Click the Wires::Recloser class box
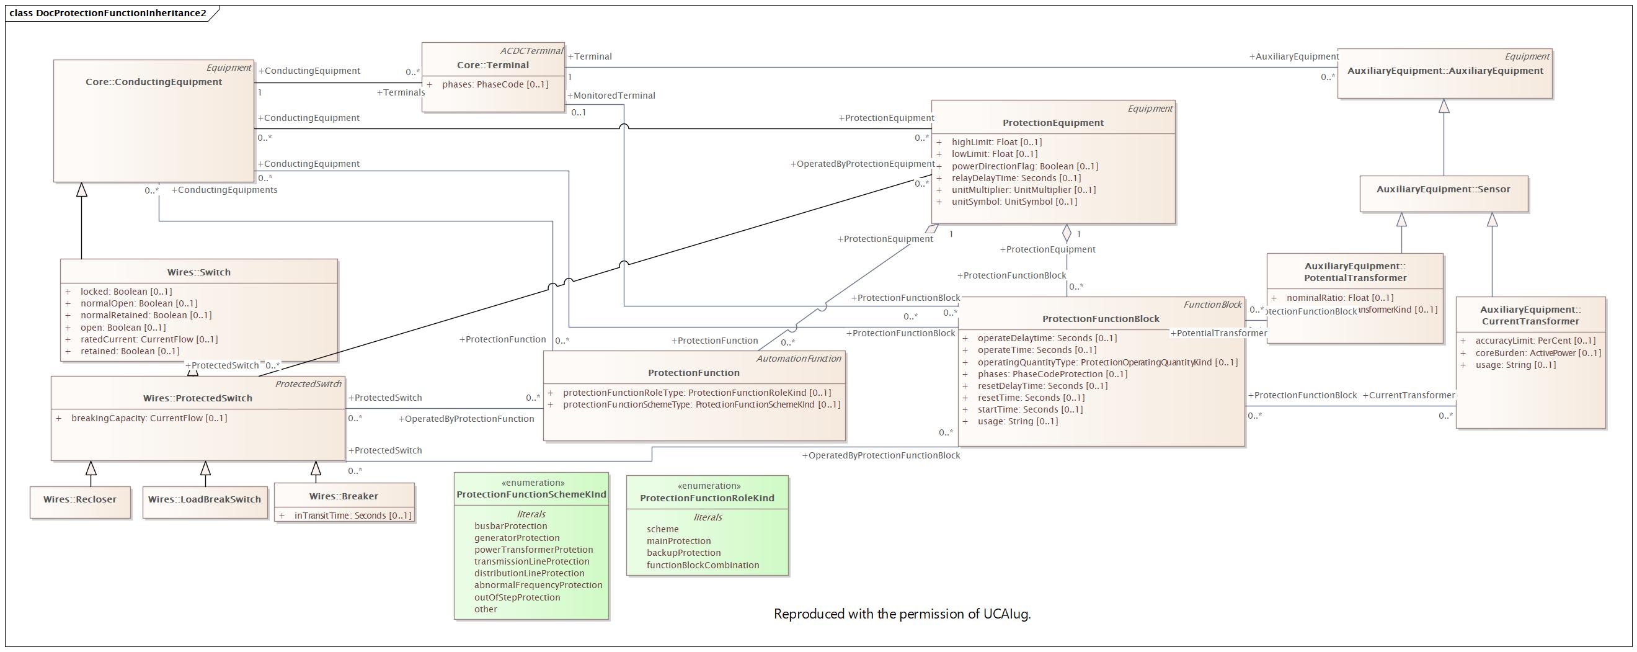[80, 499]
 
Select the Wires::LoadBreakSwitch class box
[205, 499]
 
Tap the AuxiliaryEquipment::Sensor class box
[1443, 190]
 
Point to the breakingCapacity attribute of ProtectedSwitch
[149, 418]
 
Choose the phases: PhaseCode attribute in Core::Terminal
[495, 84]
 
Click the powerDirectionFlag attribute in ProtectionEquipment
[1024, 166]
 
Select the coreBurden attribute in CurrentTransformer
[1538, 353]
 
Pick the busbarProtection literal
[510, 526]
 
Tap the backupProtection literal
[683, 553]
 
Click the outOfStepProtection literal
[517, 597]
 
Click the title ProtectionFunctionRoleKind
[707, 498]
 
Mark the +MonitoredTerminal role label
[611, 96]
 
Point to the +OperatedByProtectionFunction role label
[466, 419]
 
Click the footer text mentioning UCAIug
[902, 614]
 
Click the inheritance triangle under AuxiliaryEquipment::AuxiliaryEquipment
[1444, 106]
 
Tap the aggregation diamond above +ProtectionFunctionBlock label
[1067, 233]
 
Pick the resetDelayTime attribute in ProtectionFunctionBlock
[1042, 386]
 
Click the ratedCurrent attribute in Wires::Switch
[149, 339]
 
